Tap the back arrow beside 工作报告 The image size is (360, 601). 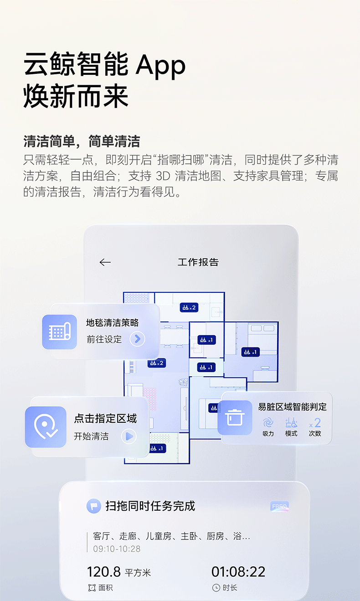point(105,262)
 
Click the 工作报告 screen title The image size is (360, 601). point(198,262)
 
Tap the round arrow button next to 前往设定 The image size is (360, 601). point(137,339)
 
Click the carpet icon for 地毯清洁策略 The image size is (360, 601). point(59,332)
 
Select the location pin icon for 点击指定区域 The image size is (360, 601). point(46,426)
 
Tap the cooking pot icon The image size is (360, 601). point(235,417)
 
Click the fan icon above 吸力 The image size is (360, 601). point(268,422)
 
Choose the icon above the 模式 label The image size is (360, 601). point(291,422)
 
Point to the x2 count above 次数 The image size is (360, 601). point(315,423)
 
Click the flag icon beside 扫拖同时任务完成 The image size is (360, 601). point(94,506)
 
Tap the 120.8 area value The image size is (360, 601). point(104,571)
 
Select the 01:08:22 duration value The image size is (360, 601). point(238,571)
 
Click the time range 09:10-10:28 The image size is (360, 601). point(117,549)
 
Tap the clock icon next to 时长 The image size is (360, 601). point(216,588)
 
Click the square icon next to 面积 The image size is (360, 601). point(92,588)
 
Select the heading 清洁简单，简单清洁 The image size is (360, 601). point(82,141)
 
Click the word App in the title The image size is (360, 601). point(161,66)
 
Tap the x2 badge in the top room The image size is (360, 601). point(188,308)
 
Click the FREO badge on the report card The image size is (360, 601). point(279,507)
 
